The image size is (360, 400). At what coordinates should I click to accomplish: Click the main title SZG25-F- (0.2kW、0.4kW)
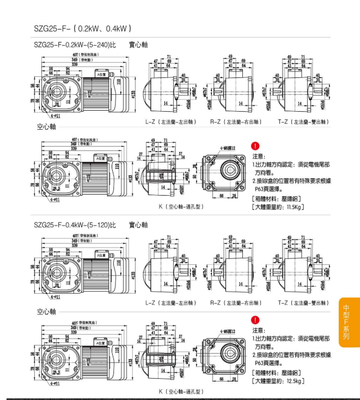tap(82, 28)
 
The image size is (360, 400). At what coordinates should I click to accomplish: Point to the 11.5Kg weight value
tap(292, 207)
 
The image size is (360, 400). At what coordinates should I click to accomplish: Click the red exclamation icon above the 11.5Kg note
tap(256, 146)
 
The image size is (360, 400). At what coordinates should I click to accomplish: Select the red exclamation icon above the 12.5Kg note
tap(256, 320)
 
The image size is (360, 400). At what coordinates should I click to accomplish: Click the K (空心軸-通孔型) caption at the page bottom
tap(181, 391)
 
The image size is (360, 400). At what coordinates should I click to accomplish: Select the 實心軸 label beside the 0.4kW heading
tap(138, 224)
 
